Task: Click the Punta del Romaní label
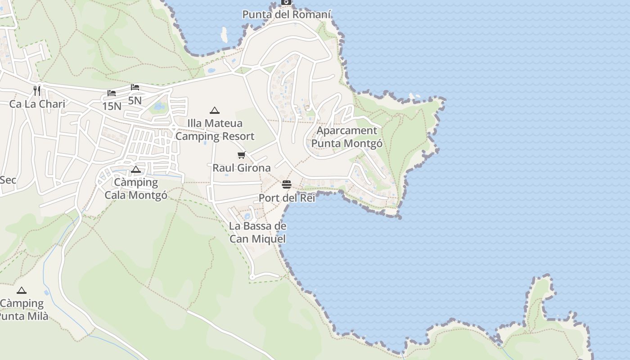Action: tap(287, 14)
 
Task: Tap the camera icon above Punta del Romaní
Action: tap(286, 2)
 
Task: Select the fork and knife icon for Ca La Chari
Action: tap(37, 90)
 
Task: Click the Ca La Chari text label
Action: tap(37, 104)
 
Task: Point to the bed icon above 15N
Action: tap(112, 93)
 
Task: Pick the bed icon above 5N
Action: tap(135, 87)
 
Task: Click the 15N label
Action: tap(112, 106)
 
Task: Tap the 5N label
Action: tap(135, 100)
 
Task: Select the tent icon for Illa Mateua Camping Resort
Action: tap(215, 110)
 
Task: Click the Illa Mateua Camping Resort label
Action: tap(215, 130)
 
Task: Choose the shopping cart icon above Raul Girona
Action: tap(242, 155)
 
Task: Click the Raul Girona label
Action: tap(242, 168)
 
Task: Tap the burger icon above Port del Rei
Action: tap(287, 184)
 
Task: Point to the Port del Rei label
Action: tap(287, 198)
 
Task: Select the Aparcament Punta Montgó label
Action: tap(347, 137)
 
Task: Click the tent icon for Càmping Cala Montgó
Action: tap(136, 170)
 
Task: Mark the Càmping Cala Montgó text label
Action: tap(136, 189)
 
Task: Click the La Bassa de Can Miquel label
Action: tap(257, 232)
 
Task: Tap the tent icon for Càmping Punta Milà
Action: tap(22, 291)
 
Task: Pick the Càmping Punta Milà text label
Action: tap(22, 310)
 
